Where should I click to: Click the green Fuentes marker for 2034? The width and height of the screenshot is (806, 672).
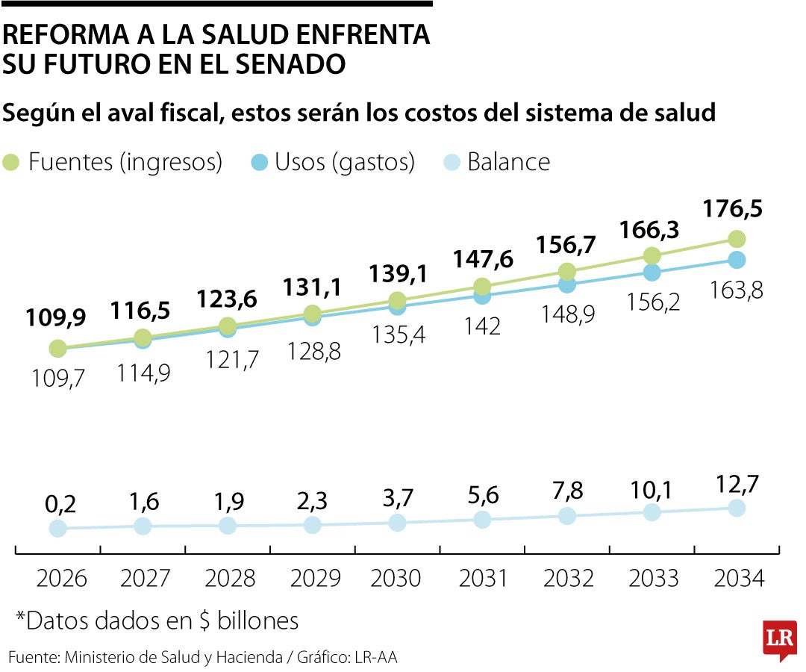tap(737, 239)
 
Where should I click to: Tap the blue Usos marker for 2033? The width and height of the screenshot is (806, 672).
tap(652, 273)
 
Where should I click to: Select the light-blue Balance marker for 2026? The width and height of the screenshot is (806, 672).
tap(57, 529)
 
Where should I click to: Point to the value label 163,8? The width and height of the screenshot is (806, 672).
tap(737, 289)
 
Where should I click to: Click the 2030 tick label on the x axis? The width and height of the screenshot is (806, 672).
tap(397, 578)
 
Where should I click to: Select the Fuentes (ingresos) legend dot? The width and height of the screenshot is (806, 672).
tap(12, 162)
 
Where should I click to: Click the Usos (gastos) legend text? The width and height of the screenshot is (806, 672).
tap(344, 162)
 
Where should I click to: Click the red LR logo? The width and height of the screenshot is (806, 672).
tap(779, 640)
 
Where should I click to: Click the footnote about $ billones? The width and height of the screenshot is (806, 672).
tap(157, 620)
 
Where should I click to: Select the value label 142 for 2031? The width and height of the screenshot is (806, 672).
tap(482, 326)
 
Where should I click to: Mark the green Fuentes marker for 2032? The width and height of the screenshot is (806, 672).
tap(567, 271)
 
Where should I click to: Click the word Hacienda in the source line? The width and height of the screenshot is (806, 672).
tap(249, 658)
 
